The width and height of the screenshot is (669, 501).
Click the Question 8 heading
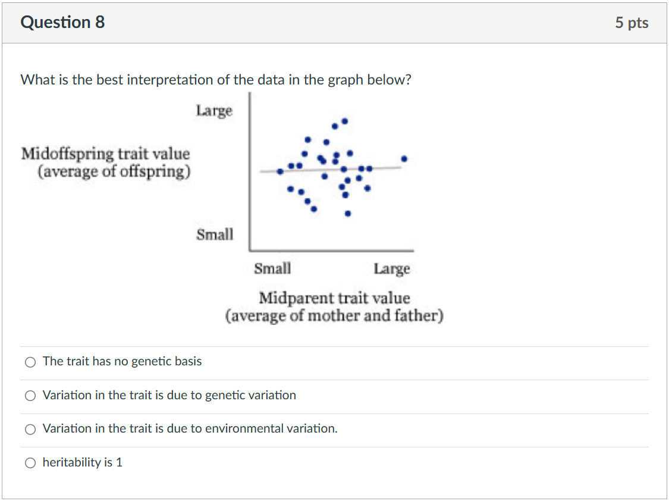(62, 23)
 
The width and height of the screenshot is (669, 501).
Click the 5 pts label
(632, 23)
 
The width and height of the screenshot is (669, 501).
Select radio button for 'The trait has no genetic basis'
(30, 362)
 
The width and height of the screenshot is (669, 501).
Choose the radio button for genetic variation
(30, 396)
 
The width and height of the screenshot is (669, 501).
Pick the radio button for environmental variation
(30, 429)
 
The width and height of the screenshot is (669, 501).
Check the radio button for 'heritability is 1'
(30, 463)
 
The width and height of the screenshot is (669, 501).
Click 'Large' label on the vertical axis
(214, 111)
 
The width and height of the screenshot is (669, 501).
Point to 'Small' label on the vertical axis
(215, 234)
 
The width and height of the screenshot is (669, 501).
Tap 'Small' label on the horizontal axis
(272, 269)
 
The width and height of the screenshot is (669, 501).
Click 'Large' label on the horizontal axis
(392, 269)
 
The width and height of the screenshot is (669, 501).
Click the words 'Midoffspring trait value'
(105, 154)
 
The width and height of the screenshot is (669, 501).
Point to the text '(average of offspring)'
(114, 172)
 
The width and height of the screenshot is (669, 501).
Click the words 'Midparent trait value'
(334, 298)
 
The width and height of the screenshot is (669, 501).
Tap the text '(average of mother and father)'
(334, 315)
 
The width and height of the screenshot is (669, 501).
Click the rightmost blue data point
(404, 159)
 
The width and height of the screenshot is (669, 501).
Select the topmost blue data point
(344, 121)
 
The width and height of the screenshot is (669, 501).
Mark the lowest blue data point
(348, 213)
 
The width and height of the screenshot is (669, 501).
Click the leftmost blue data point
(279, 171)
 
